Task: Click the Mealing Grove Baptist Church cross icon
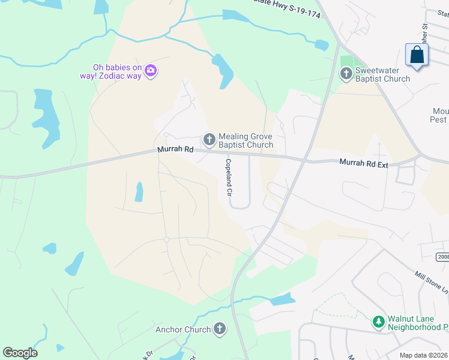coord(209,140)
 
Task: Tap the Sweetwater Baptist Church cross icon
coord(346,74)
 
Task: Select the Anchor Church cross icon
coord(220,329)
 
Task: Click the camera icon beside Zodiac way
coord(151,71)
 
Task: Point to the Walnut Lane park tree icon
coord(379,323)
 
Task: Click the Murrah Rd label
coord(176,149)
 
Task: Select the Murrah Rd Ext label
coord(364,162)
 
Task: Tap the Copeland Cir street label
coord(229,178)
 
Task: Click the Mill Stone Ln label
coord(431,281)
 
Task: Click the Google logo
coord(20,352)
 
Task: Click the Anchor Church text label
coord(183,329)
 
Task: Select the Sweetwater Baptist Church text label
coord(383,74)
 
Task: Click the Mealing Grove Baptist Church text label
coord(246,140)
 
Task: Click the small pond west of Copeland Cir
coord(139,191)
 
